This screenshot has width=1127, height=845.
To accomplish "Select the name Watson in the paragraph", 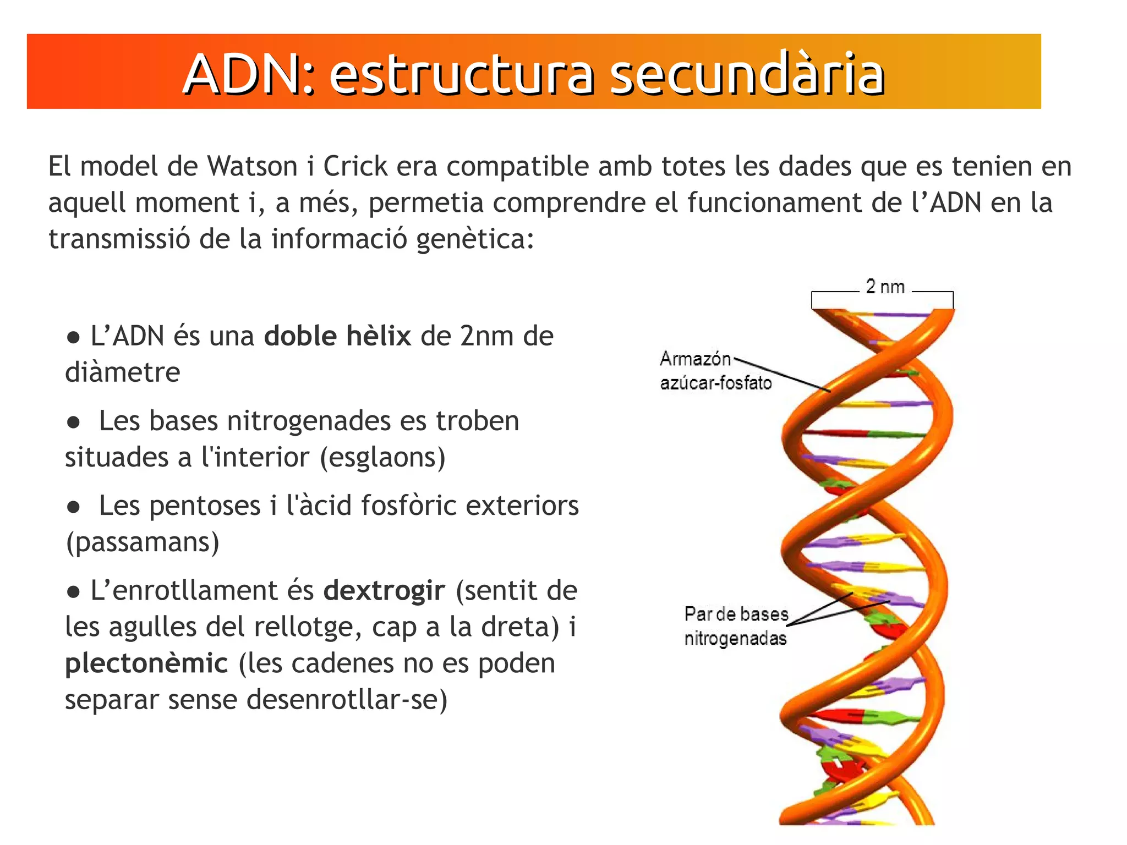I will (x=252, y=166).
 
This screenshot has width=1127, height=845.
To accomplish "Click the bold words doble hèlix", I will (x=337, y=336).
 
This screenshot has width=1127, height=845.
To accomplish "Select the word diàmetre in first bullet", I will (x=122, y=372).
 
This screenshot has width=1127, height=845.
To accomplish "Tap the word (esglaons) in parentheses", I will (x=382, y=458).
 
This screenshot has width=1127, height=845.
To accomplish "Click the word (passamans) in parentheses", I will (x=143, y=542).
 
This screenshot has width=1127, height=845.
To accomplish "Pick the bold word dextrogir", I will (x=384, y=591).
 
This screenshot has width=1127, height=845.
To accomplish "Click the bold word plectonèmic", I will (x=146, y=663).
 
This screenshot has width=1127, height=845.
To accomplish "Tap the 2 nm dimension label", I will (x=885, y=287).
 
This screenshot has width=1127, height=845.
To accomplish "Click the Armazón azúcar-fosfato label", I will (x=715, y=371).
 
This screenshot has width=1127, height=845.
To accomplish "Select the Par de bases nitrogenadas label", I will (x=736, y=626).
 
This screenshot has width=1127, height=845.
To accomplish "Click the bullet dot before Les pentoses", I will (x=73, y=507).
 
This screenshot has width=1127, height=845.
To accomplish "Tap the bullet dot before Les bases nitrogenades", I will (x=73, y=422).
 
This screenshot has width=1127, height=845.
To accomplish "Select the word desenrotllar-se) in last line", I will (x=346, y=700).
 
